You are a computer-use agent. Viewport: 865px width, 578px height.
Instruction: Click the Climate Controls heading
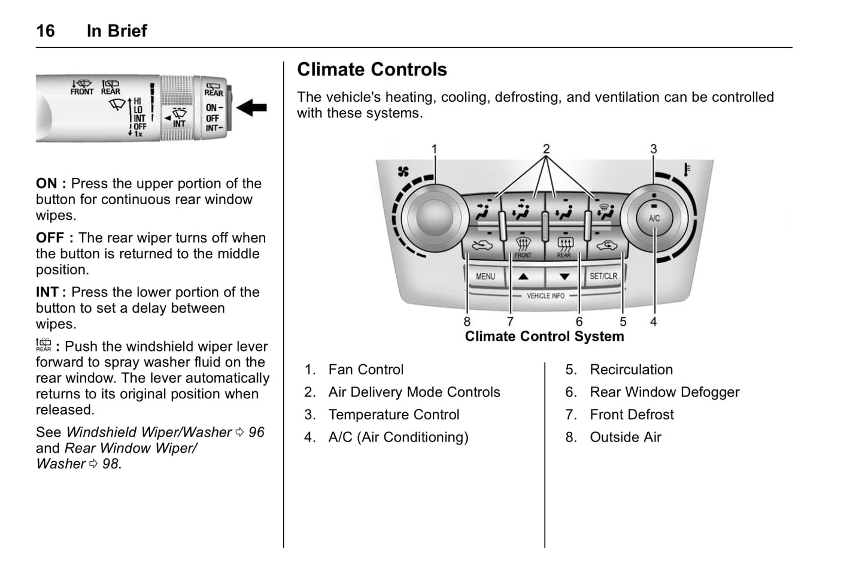372,69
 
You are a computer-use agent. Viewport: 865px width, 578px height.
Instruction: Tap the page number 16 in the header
45,31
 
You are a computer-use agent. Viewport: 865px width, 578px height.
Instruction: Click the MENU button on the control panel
485,277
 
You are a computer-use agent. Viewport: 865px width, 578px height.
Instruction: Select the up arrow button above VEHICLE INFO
523,277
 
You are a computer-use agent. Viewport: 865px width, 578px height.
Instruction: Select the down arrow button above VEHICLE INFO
564,277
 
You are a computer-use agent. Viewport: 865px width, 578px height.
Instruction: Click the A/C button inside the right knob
654,218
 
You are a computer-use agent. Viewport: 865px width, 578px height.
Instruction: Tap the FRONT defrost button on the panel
523,246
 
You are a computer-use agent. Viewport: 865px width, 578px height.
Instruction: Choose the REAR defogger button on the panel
564,246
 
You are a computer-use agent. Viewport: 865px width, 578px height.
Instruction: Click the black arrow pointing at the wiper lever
252,108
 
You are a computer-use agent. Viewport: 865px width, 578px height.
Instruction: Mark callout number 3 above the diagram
654,149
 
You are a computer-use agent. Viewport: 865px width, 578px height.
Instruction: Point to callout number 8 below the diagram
467,322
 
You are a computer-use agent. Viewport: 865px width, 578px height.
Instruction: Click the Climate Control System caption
544,337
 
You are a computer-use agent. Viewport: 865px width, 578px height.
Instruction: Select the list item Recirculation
631,370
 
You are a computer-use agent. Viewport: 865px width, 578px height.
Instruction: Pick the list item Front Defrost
632,414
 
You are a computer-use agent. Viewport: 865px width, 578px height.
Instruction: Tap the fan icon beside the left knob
403,172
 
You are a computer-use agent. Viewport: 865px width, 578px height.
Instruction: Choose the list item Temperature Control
393,414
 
